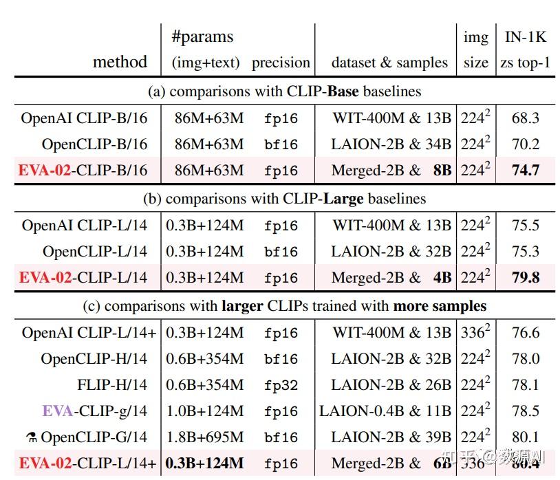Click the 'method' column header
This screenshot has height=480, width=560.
click(120, 62)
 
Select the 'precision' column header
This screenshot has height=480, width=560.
click(281, 63)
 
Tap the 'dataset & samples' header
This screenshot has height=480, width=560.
click(389, 63)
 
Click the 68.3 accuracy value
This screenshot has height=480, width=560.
click(525, 118)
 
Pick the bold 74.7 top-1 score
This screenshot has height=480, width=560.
click(525, 171)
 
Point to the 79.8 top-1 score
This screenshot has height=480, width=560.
click(525, 278)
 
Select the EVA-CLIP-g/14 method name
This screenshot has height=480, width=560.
click(95, 411)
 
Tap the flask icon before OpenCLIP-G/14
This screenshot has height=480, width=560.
click(32, 437)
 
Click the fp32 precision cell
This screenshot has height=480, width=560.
click(281, 386)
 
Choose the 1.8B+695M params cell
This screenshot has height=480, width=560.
click(204, 437)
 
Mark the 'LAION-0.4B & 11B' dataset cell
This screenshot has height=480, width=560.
click(385, 411)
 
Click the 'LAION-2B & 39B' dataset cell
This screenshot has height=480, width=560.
click(391, 437)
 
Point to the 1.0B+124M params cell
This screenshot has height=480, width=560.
click(204, 411)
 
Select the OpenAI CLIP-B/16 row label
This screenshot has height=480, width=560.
click(84, 118)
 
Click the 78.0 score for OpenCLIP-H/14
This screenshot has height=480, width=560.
click(525, 359)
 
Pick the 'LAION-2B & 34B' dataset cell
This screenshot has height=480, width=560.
click(391, 144)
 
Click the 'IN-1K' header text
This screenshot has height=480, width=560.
click(525, 36)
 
